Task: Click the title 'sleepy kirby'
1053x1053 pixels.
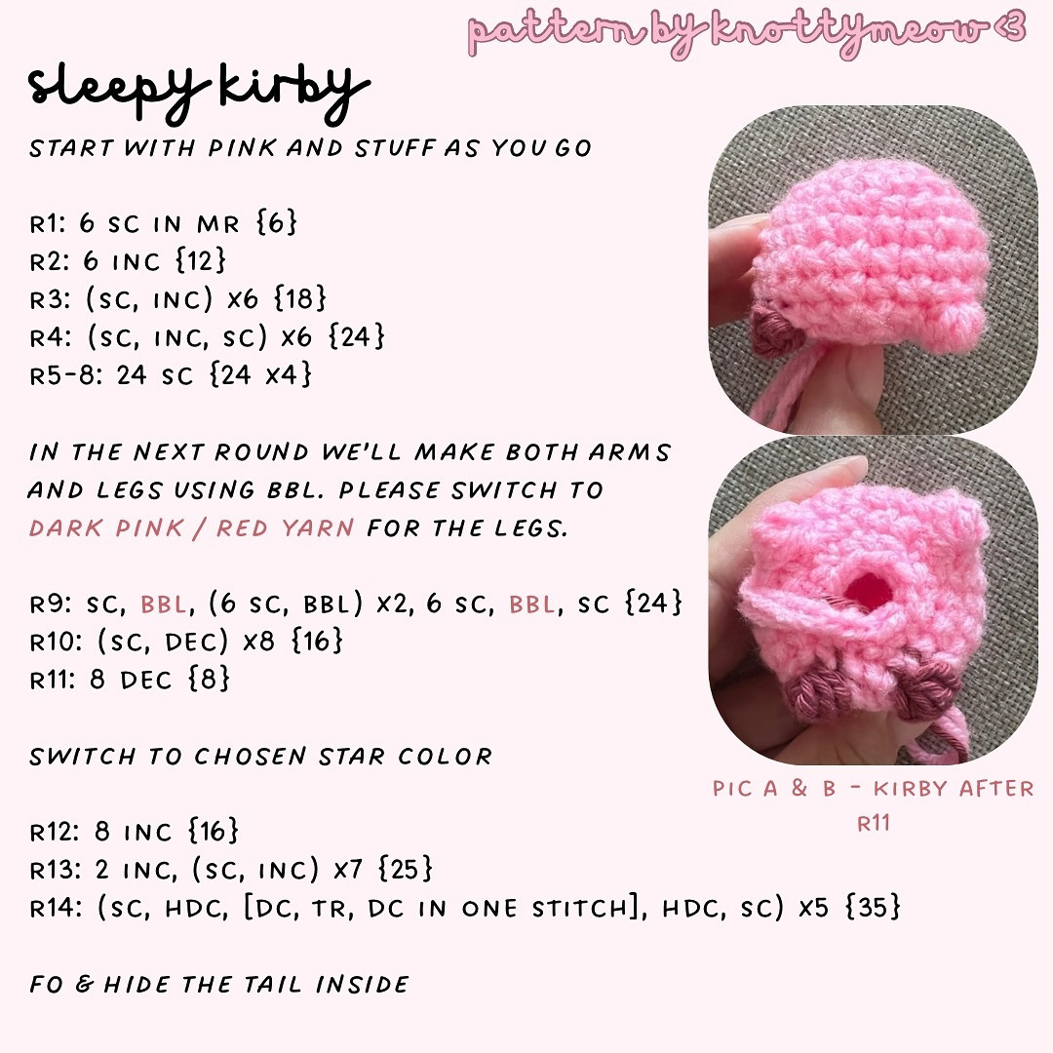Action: coord(199,89)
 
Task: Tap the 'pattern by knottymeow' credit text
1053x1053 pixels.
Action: coord(747,31)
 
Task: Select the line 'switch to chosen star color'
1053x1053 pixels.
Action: coord(260,757)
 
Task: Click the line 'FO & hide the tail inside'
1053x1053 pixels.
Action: coord(219,985)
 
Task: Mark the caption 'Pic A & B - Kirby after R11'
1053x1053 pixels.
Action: coord(873,804)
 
